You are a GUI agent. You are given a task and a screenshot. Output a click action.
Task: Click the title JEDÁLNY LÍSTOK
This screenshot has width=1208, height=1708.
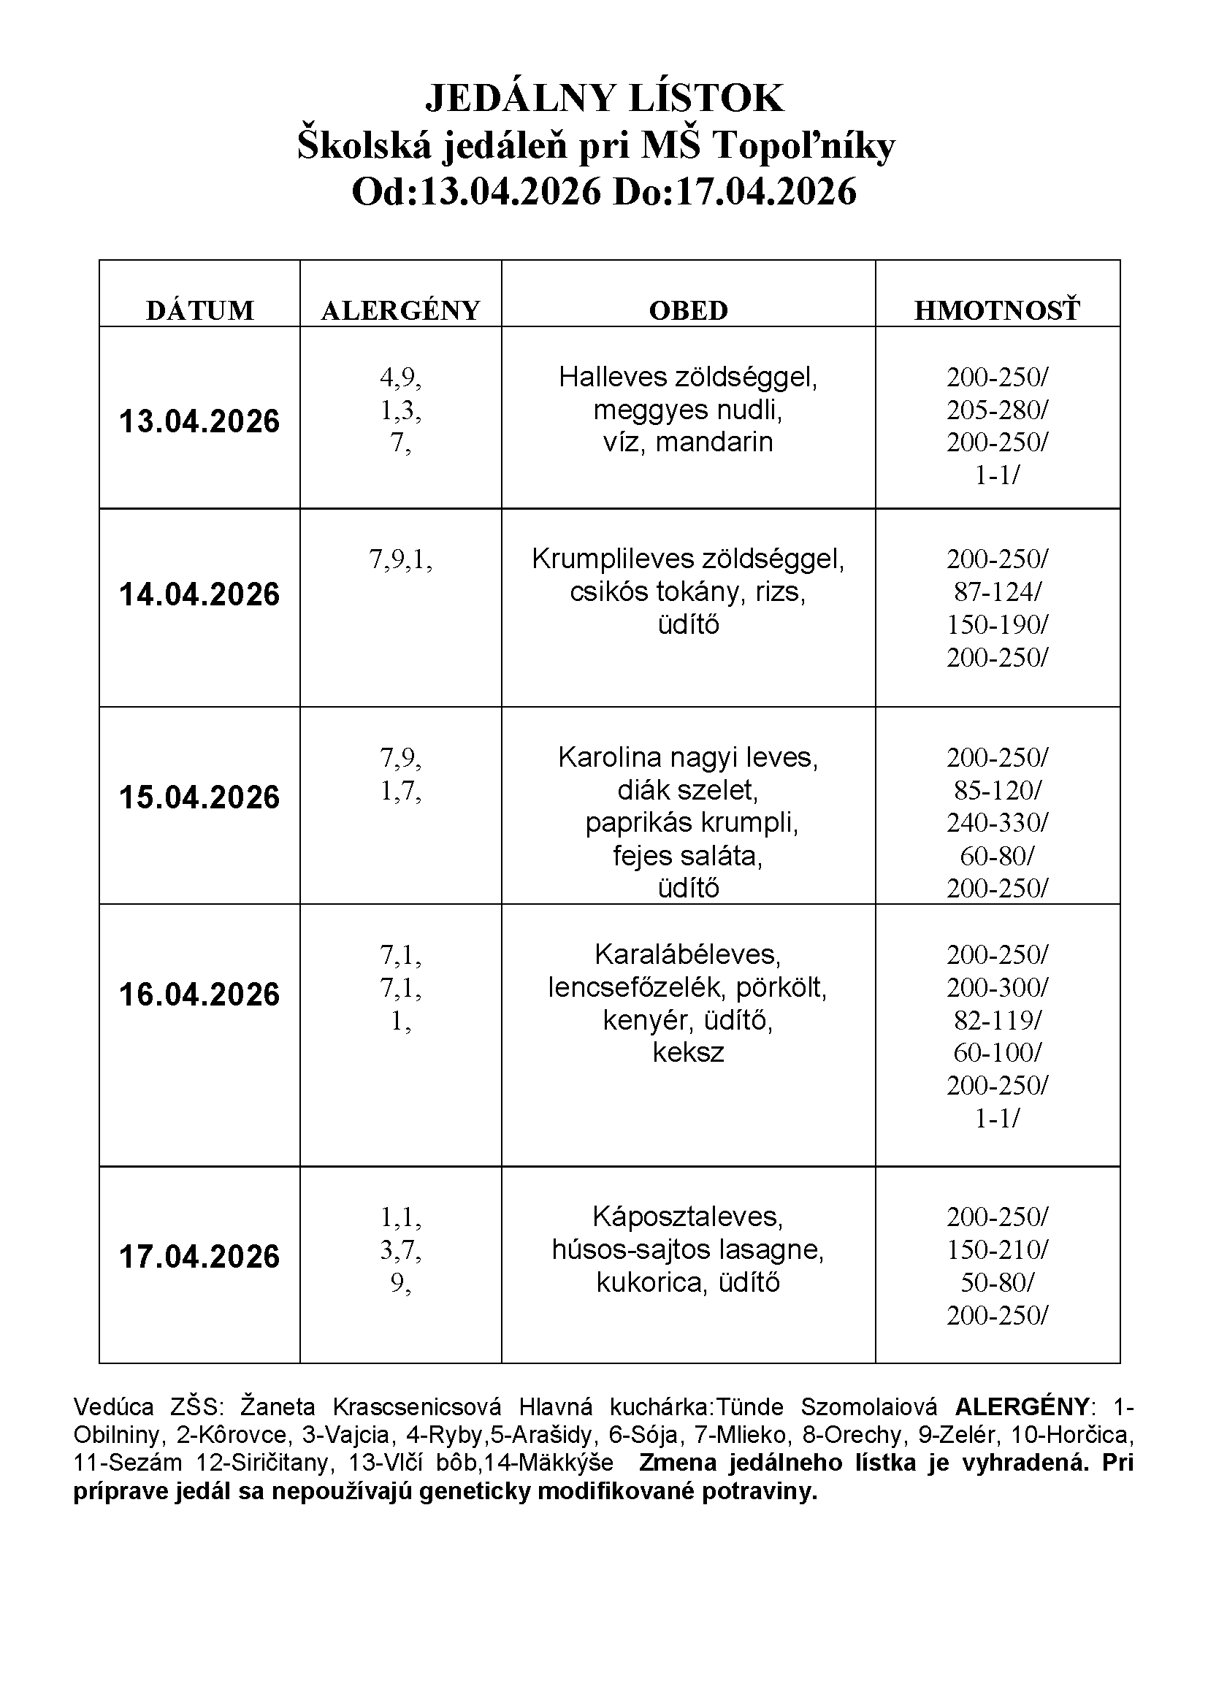click(x=604, y=98)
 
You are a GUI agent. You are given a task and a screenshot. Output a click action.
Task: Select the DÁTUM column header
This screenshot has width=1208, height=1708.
click(x=199, y=310)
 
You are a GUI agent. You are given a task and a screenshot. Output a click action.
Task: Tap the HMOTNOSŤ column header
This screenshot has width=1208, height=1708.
click(x=997, y=310)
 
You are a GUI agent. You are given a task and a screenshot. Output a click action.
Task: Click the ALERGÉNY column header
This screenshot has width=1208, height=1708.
click(x=400, y=310)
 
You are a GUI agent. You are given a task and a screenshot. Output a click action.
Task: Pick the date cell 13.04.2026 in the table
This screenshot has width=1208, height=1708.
click(x=199, y=421)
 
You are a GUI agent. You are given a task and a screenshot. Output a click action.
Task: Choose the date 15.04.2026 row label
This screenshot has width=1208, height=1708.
click(x=199, y=797)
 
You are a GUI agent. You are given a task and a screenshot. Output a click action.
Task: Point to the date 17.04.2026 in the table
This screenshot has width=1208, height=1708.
click(x=199, y=1257)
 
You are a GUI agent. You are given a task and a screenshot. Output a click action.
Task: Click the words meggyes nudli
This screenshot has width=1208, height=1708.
click(x=687, y=409)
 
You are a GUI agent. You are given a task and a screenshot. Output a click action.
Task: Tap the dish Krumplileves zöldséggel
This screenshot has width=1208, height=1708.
click(x=687, y=559)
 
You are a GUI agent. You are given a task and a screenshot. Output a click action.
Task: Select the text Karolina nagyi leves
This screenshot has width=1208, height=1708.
click(x=687, y=757)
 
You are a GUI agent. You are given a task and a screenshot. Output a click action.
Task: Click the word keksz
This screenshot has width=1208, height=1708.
click(x=687, y=1052)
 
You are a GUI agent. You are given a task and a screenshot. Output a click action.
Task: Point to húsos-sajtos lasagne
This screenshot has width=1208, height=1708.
click(x=687, y=1249)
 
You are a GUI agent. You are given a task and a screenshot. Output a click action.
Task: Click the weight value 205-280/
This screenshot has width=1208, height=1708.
click(x=997, y=409)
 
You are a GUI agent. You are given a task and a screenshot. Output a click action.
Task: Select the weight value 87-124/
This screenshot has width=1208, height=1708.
click(x=997, y=591)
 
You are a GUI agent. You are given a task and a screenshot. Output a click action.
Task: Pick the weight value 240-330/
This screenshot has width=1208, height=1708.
click(x=997, y=823)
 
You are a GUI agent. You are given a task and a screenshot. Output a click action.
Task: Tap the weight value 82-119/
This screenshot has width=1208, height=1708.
click(x=997, y=1020)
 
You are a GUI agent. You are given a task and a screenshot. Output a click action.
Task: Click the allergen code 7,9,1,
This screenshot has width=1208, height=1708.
click(x=400, y=559)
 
